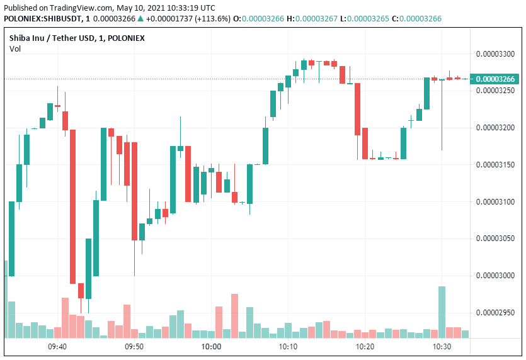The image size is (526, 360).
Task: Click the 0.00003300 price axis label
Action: click(495, 54)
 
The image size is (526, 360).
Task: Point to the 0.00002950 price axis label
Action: click(495, 312)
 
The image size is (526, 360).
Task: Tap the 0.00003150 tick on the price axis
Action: click(495, 165)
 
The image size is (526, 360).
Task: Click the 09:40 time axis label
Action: click(57, 347)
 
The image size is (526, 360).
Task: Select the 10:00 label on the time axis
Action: click(211, 347)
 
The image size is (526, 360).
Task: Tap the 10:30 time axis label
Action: click(442, 347)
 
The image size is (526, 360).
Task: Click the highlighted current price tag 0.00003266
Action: click(495, 79)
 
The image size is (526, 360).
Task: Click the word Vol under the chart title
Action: click(15, 49)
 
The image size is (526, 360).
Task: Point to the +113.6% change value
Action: click(214, 19)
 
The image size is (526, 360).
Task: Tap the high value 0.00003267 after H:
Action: click(316, 19)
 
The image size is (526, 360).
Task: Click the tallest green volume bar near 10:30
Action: click(442, 312)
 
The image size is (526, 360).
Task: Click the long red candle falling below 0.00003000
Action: click(73, 206)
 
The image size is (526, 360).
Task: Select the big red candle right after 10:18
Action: click(357, 109)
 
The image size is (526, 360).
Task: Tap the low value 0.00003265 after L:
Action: click(368, 19)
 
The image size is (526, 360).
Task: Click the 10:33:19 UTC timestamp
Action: click(191, 8)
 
